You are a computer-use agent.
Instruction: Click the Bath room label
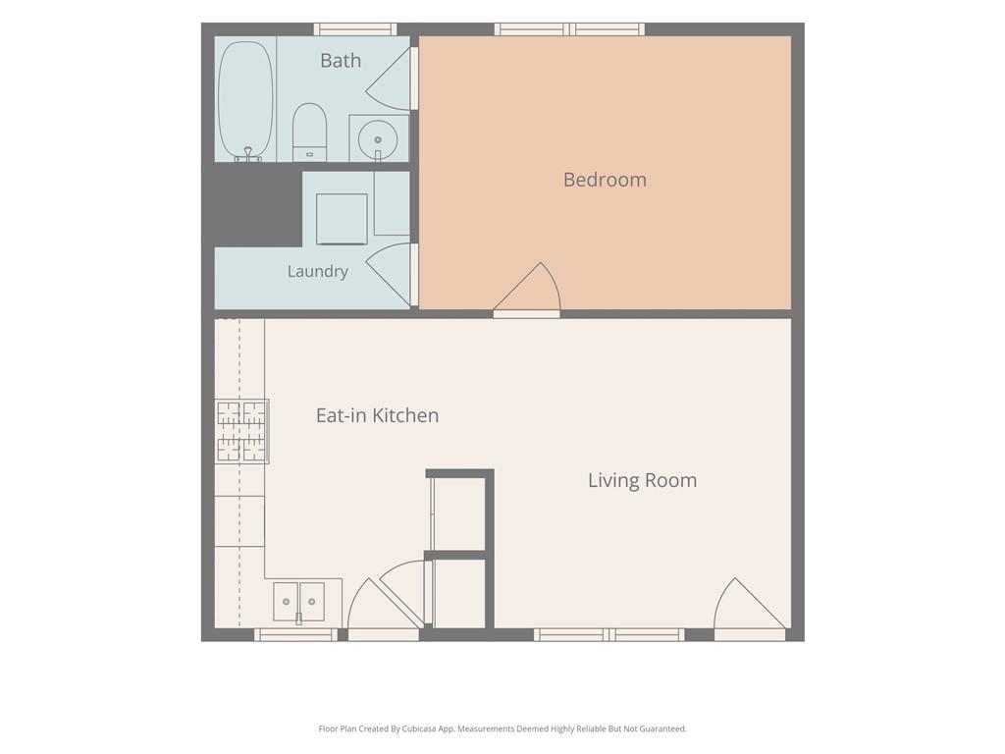pyautogui.click(x=341, y=60)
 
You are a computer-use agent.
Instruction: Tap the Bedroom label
pyautogui.click(x=605, y=180)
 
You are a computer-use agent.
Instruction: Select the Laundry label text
pyautogui.click(x=317, y=271)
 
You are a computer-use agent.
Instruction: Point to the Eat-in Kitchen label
pyautogui.click(x=377, y=415)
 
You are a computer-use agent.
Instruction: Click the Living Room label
pyautogui.click(x=642, y=480)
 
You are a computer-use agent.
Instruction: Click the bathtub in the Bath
pyautogui.click(x=245, y=101)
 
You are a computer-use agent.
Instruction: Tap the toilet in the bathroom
pyautogui.click(x=309, y=133)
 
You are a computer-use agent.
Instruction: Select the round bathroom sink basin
pyautogui.click(x=378, y=138)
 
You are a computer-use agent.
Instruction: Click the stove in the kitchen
pyautogui.click(x=242, y=432)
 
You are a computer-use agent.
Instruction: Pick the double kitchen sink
pyautogui.click(x=298, y=602)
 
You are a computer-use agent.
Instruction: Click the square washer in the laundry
pyautogui.click(x=342, y=219)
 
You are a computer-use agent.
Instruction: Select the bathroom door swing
pyautogui.click(x=390, y=79)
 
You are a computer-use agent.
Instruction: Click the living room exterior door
pyautogui.click(x=750, y=607)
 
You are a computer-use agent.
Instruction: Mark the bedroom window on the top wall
pyautogui.click(x=569, y=28)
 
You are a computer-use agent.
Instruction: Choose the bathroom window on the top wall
pyautogui.click(x=355, y=28)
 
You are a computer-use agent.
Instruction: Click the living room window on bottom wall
pyautogui.click(x=608, y=635)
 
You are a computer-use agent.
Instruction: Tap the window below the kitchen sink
pyautogui.click(x=295, y=635)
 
